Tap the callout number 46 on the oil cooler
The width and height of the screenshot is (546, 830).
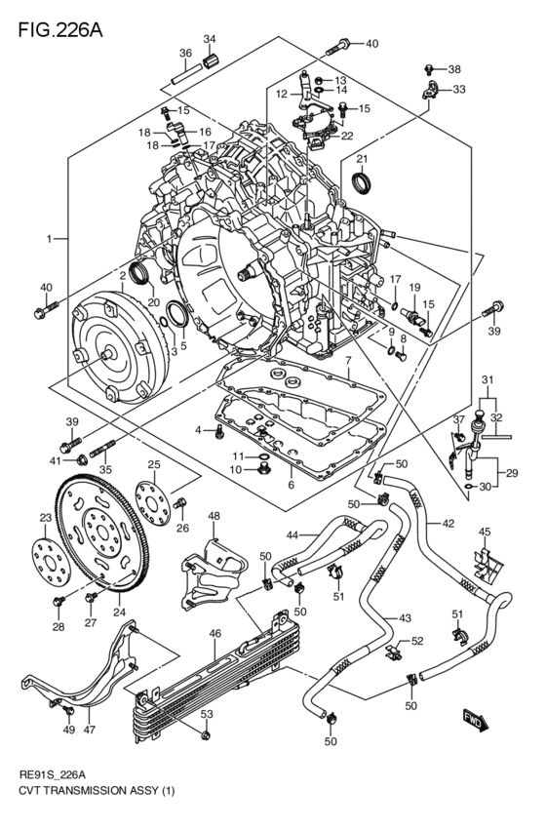pyautogui.click(x=215, y=633)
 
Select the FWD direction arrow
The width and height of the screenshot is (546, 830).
pyautogui.click(x=475, y=723)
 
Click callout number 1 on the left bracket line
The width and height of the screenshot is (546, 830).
pyautogui.click(x=49, y=238)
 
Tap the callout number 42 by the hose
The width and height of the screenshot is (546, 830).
pyautogui.click(x=448, y=524)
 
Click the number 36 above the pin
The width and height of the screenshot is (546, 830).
pyautogui.click(x=185, y=53)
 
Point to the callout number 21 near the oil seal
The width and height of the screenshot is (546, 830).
pyautogui.click(x=361, y=159)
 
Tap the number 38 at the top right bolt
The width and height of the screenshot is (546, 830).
pyautogui.click(x=453, y=69)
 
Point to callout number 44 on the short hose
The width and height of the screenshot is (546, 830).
pyautogui.click(x=291, y=534)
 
